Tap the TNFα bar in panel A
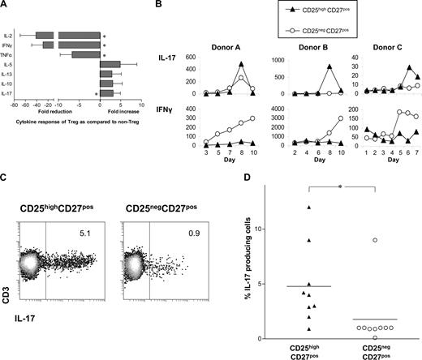point(85,55)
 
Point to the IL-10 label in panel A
point(12,84)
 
